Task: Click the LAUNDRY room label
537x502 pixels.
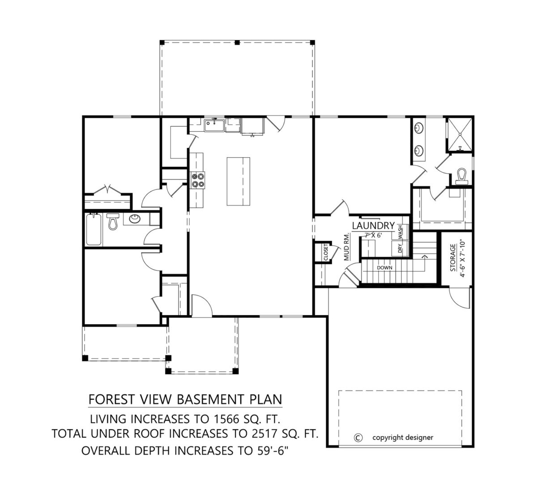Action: [x=373, y=225]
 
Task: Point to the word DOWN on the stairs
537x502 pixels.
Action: [x=384, y=267]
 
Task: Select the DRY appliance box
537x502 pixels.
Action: [x=400, y=248]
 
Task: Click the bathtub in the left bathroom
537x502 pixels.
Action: [x=94, y=229]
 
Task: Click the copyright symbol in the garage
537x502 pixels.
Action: [x=357, y=438]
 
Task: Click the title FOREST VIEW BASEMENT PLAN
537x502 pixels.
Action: [x=185, y=398]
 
